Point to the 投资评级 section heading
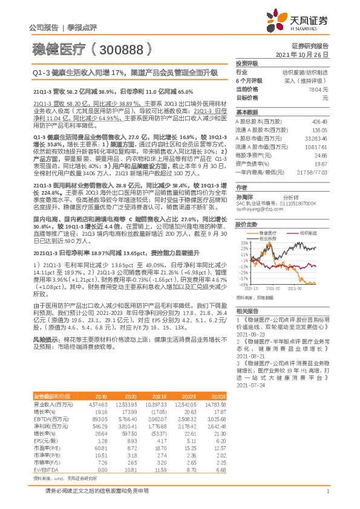pos(246,63)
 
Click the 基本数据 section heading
pos(246,112)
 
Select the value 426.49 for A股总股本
pos(319,121)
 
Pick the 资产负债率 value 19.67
pos(321,163)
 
